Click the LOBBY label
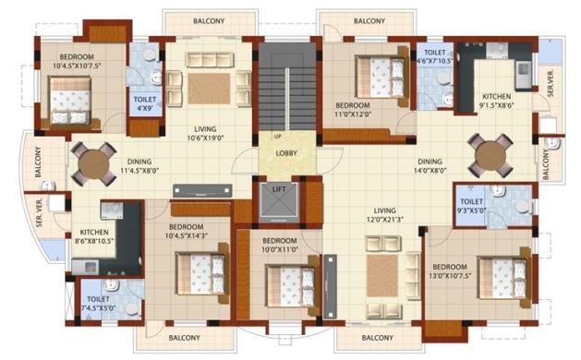click(x=286, y=153)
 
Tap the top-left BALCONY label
click(x=195, y=20)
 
